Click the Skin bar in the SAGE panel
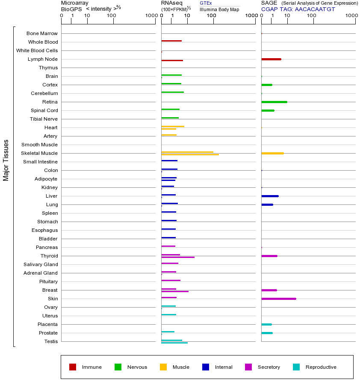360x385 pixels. coord(278,299)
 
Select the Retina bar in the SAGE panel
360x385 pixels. coord(274,102)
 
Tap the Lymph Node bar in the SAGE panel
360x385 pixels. coord(271,59)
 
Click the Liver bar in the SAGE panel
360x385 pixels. coord(270,196)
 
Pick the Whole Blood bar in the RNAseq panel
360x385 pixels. coord(171,41)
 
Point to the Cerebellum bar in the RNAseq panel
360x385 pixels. coord(172,92)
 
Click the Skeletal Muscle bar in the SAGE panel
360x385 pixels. coord(272,153)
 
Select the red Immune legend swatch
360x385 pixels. coord(73,367)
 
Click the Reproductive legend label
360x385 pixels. coord(321,367)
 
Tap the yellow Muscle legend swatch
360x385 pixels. coord(163,367)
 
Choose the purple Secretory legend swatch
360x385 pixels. coord(248,367)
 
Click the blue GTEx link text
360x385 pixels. coord(206,3)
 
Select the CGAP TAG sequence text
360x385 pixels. coord(315,9)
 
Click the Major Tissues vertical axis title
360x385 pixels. coord(6,160)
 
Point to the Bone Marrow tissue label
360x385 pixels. coord(42,33)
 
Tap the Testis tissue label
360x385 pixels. coord(51,341)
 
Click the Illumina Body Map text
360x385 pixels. coord(219,9)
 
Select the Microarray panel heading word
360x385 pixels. coord(75,3)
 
